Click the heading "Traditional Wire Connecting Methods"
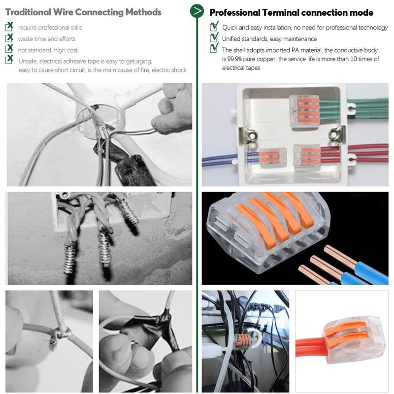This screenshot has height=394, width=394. (83, 12)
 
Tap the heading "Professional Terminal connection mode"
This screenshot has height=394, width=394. (292, 12)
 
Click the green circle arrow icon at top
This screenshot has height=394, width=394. (197, 11)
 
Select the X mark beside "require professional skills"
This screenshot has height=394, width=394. (9, 27)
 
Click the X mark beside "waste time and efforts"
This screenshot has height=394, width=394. (9, 37)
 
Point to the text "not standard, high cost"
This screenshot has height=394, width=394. (48, 50)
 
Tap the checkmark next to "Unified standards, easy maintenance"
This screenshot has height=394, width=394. (214, 37)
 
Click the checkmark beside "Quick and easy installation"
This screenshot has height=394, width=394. (214, 27)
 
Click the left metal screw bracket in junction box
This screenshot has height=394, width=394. (249, 133)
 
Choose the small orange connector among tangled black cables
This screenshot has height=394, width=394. (242, 340)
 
